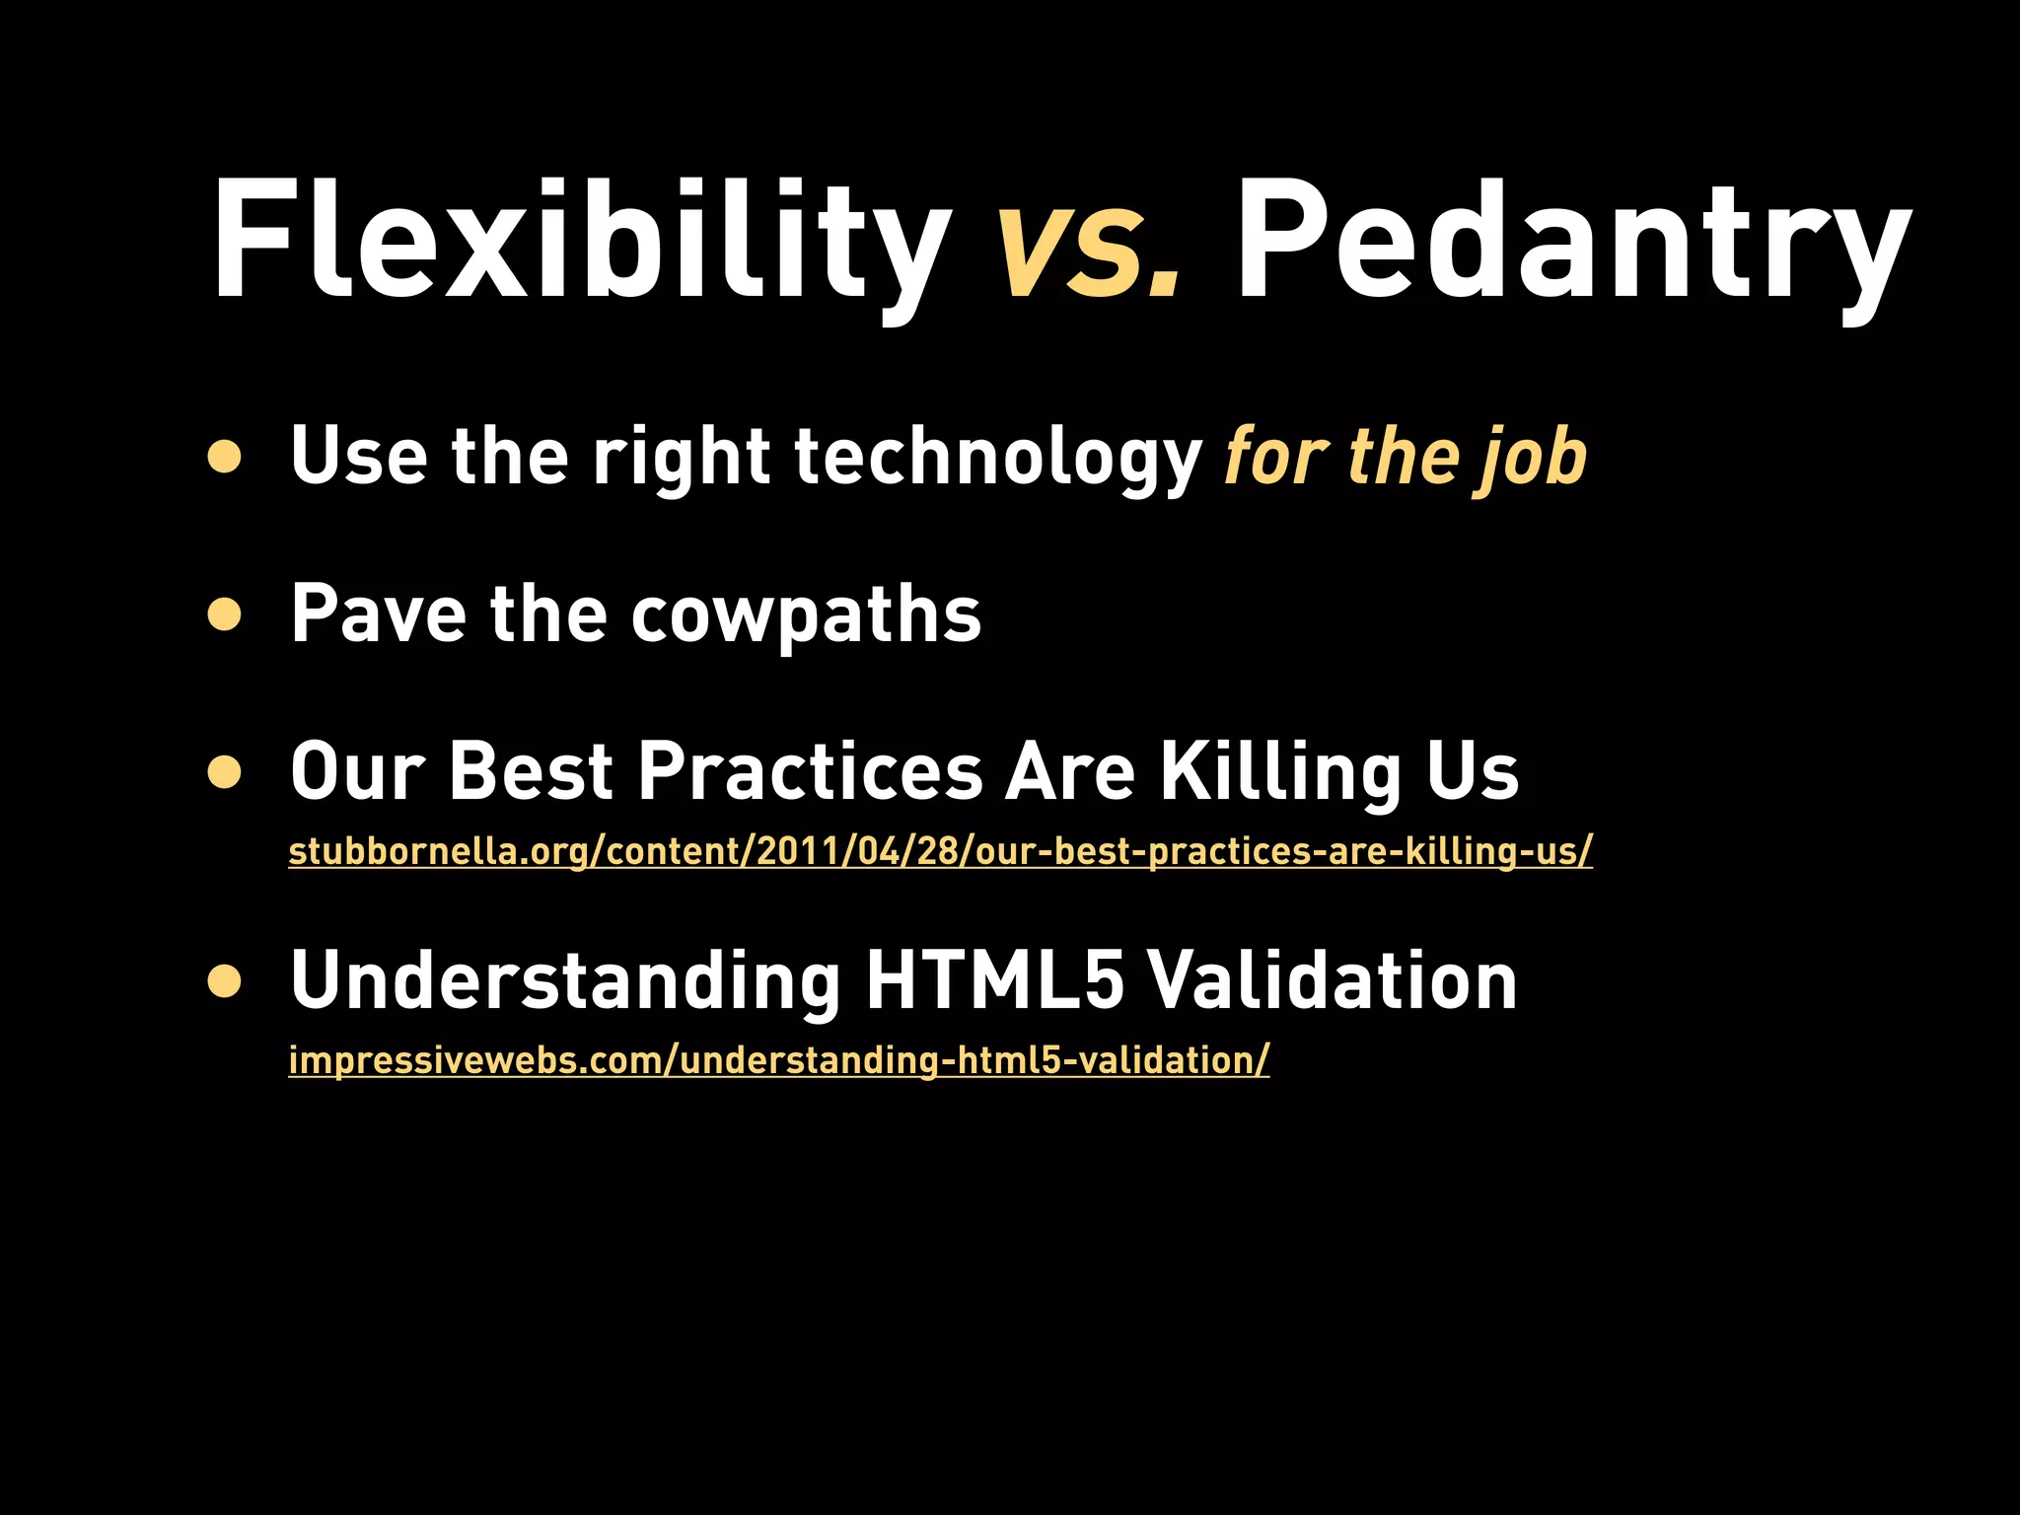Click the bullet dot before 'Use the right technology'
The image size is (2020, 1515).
225,457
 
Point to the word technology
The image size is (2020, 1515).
997,457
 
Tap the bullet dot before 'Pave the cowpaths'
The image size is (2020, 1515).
225,614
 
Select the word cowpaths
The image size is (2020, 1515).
806,614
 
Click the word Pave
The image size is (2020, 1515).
378,614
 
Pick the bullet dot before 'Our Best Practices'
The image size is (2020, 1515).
225,772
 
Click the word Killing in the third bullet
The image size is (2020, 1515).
1279,772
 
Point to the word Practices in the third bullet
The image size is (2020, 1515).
811,772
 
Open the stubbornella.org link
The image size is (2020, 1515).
939,851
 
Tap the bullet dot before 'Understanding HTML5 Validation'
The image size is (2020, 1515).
225,980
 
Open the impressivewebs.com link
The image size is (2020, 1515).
778,1060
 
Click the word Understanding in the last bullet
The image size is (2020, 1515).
565,980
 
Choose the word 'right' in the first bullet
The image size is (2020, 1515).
682,457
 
